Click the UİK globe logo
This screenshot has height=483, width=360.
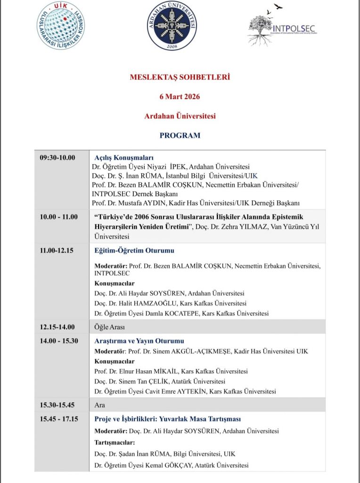point(61,25)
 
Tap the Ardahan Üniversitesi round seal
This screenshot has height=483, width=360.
point(172,25)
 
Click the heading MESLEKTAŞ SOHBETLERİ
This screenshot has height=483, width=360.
point(180,77)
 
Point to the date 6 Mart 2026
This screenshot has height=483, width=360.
point(180,97)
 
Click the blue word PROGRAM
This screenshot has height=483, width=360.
point(180,135)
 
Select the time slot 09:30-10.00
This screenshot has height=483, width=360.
point(57,158)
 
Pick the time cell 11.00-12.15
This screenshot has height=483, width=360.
point(57,250)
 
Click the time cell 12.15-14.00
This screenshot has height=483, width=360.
point(57,326)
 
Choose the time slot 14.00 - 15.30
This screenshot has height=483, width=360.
point(59,341)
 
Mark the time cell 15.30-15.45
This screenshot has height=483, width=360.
point(57,405)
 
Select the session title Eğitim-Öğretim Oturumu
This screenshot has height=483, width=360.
point(134,251)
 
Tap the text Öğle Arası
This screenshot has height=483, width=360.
point(109,326)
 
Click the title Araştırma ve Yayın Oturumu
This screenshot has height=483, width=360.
point(139,341)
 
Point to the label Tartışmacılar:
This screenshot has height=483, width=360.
point(115,442)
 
